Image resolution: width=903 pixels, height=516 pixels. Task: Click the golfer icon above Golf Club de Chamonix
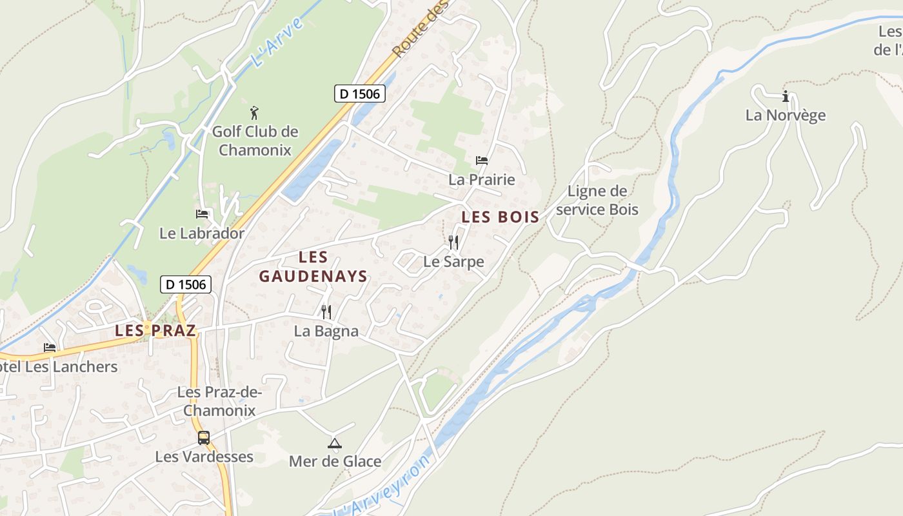pyautogui.click(x=255, y=113)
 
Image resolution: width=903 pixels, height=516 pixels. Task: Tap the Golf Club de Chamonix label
pyautogui.click(x=255, y=141)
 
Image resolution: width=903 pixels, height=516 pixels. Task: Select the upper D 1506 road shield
pyautogui.click(x=360, y=94)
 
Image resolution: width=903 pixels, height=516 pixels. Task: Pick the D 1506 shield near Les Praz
pyautogui.click(x=186, y=284)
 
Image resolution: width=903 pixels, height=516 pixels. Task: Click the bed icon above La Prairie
pyautogui.click(x=482, y=161)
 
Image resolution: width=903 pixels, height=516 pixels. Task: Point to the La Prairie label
pyautogui.click(x=482, y=179)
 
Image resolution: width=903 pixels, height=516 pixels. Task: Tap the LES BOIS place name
pyautogui.click(x=501, y=217)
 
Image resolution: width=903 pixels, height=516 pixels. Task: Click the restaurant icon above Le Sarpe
pyautogui.click(x=453, y=243)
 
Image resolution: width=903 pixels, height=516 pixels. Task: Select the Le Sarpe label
pyautogui.click(x=453, y=262)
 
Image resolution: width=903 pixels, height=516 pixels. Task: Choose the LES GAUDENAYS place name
pyautogui.click(x=313, y=267)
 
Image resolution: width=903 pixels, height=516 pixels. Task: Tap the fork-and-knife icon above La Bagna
pyautogui.click(x=326, y=312)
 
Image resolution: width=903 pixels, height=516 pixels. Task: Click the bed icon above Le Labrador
pyautogui.click(x=202, y=214)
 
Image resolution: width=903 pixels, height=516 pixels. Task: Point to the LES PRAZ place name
pyautogui.click(x=155, y=330)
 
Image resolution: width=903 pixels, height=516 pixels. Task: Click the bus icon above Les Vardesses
pyautogui.click(x=204, y=438)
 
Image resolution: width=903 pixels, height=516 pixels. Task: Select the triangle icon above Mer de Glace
pyautogui.click(x=334, y=443)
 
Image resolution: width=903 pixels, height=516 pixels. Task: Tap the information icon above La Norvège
pyautogui.click(x=786, y=97)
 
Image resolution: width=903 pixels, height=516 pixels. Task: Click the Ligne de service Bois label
pyautogui.click(x=597, y=200)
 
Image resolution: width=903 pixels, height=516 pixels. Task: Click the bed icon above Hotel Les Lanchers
pyautogui.click(x=50, y=348)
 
